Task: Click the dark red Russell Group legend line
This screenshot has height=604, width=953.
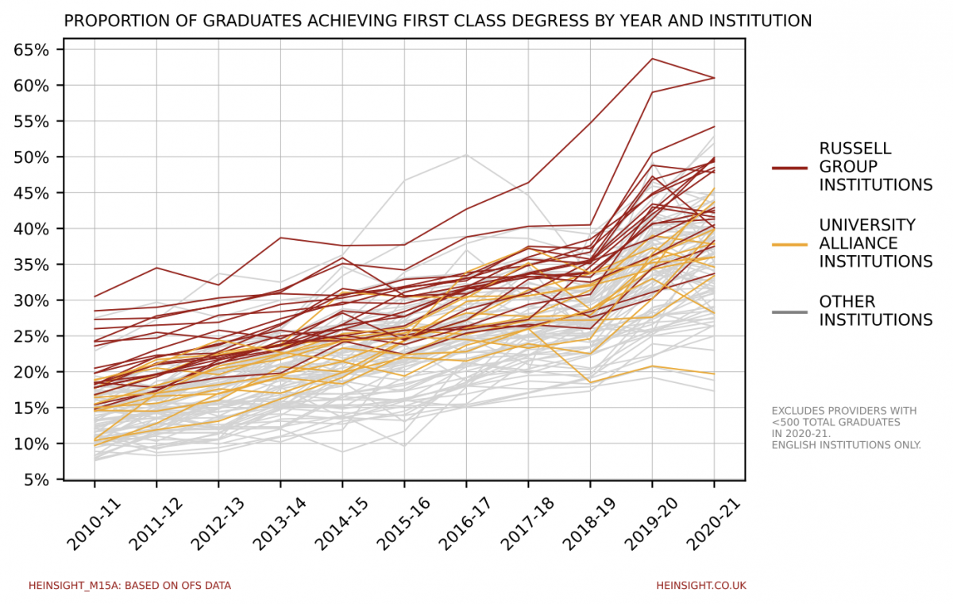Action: pyautogui.click(x=789, y=168)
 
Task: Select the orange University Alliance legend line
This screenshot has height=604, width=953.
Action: pyautogui.click(x=789, y=244)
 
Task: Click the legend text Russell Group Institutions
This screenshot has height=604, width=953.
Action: pyautogui.click(x=875, y=167)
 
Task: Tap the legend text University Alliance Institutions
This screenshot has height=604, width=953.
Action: pyautogui.click(x=875, y=243)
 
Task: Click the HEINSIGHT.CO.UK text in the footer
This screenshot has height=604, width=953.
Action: pyautogui.click(x=701, y=586)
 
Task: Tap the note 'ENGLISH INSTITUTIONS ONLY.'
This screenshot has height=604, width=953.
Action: pyautogui.click(x=847, y=445)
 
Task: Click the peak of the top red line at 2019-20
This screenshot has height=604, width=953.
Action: pyautogui.click(x=652, y=59)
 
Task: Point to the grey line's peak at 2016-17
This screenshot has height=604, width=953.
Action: pyautogui.click(x=466, y=154)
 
